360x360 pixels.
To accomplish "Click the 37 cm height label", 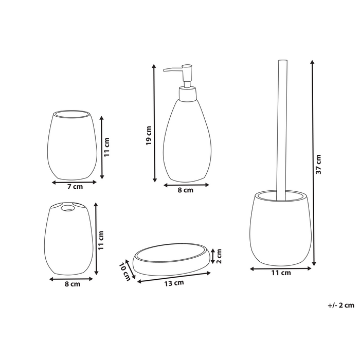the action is [x=318, y=164].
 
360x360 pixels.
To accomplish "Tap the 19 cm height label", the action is [x=149, y=135].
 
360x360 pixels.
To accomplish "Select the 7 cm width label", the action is [x=75, y=186].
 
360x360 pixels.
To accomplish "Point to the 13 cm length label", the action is [x=174, y=283].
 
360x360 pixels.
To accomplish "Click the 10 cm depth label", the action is [x=125, y=272].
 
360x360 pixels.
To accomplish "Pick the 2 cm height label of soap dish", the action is [x=219, y=256].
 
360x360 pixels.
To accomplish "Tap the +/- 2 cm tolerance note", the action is [x=340, y=305].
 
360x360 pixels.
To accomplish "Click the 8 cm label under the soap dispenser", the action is [x=186, y=190].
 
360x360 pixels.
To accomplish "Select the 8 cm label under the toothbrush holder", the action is [x=73, y=284].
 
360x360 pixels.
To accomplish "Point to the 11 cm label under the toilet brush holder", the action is [x=281, y=273].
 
